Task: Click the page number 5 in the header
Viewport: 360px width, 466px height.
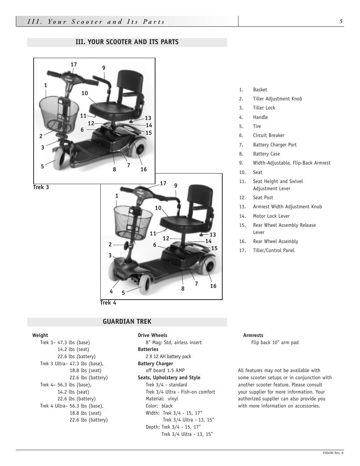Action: pos(341,22)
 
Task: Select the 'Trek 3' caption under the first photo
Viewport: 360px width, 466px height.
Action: pos(41,187)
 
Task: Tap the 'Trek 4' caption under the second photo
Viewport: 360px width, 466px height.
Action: pos(108,303)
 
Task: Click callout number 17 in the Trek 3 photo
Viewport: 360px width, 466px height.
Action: pos(74,65)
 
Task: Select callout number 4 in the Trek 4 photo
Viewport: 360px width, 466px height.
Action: pos(111,291)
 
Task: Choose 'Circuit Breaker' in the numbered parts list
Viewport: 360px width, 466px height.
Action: pos(268,135)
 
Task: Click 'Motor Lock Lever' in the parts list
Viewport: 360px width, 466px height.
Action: pos(271,216)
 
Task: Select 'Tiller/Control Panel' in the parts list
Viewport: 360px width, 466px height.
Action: pos(274,251)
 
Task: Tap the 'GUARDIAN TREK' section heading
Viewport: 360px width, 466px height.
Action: pos(127,321)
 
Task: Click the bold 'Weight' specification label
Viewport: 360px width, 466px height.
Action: pos(40,335)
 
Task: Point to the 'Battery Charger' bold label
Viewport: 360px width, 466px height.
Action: pos(155,363)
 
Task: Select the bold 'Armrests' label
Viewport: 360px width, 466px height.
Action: pos(253,335)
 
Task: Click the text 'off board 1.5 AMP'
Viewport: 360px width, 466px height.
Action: pos(165,371)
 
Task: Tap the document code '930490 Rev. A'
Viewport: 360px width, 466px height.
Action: pos(333,453)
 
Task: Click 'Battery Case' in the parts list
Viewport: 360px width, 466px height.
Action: pos(266,154)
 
